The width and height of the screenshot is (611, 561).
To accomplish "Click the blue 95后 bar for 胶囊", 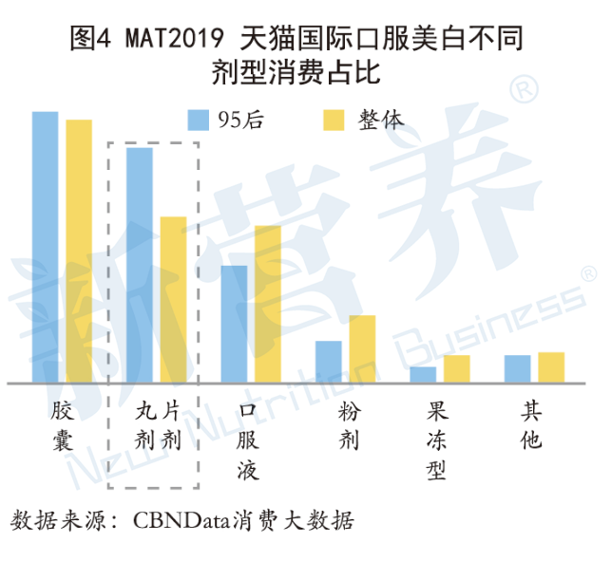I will pos(45,248).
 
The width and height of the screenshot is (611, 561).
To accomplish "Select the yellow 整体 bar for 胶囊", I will pos(79,252).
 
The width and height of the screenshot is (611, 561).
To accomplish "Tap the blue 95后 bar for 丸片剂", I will pos(140,266).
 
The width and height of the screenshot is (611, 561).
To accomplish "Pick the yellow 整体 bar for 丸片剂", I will pos(174,300).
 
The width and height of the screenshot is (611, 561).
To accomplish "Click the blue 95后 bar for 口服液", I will pos(234,325).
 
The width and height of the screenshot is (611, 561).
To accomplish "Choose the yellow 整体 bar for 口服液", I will pos(268,305).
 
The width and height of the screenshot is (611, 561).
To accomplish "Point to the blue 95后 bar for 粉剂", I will pos(329,362).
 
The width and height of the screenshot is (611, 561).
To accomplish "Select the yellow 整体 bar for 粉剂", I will pos(363,349).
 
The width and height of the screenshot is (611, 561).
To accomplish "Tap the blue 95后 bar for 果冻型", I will pos(423,375).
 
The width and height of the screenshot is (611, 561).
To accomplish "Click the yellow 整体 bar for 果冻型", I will pos(457,369).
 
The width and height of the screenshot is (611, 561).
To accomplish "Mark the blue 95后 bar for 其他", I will pos(517,369).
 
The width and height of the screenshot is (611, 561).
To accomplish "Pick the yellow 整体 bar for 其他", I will pos(551,367).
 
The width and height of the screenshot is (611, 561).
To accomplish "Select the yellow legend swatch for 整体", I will pos(334,120).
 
